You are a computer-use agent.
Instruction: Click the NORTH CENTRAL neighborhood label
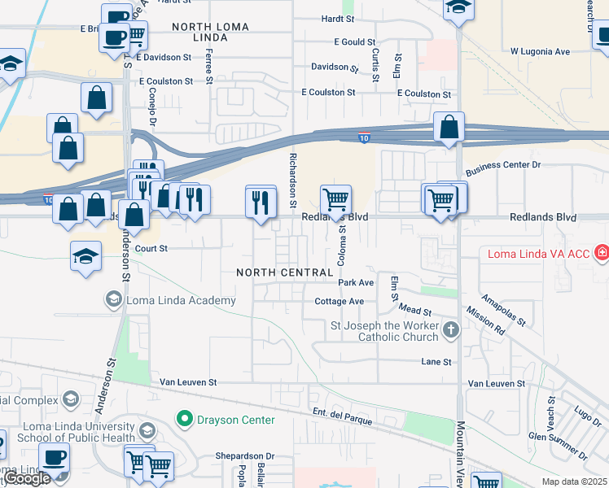tap(283, 272)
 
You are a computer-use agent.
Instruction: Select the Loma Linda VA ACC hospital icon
tap(602, 254)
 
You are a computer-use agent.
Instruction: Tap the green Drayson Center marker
tap(185, 420)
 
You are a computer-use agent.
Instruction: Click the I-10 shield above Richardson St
tap(364, 138)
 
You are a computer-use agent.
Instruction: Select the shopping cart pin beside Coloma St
tap(335, 198)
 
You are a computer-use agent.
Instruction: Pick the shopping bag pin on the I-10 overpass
tap(449, 128)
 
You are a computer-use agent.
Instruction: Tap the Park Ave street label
tap(356, 283)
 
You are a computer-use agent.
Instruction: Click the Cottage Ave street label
tap(339, 301)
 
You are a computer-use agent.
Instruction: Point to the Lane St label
tap(436, 361)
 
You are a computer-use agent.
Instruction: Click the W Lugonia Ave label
tap(540, 51)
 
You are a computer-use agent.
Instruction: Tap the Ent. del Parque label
tap(343, 417)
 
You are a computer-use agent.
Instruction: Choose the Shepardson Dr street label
tap(245, 456)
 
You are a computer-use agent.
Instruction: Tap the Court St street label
tap(151, 249)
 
